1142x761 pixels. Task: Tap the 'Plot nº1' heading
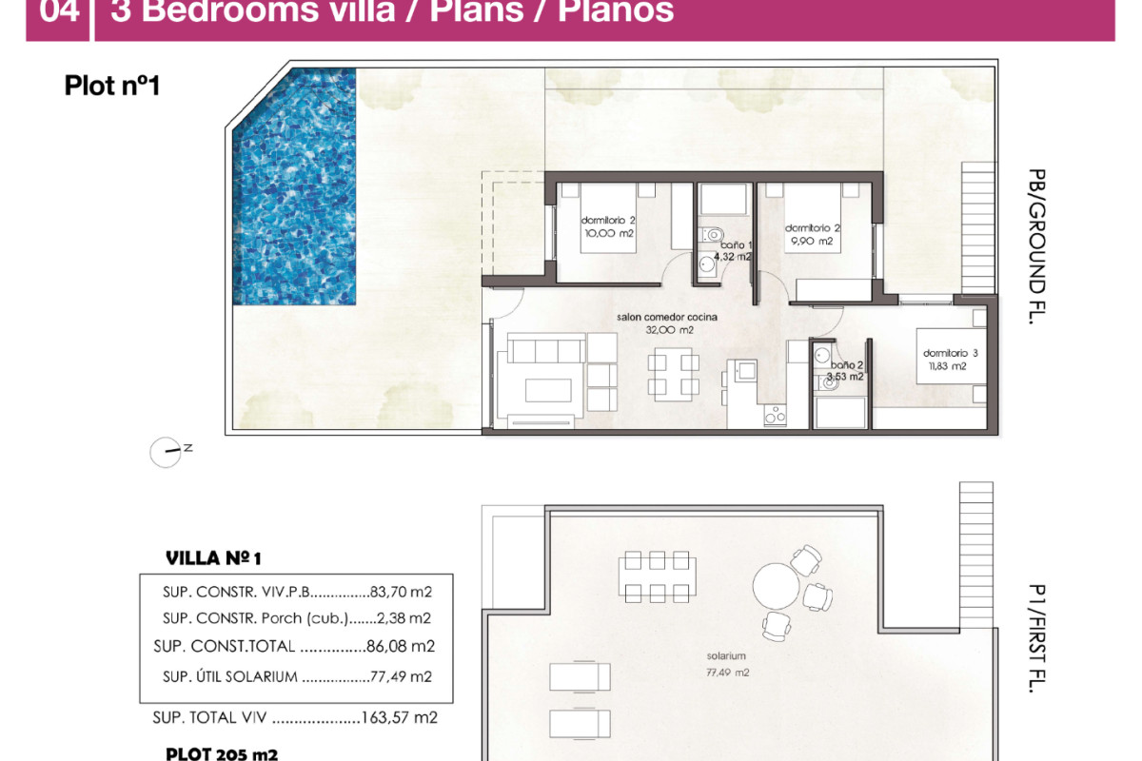111,86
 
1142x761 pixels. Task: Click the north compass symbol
166,452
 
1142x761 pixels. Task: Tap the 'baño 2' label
847,364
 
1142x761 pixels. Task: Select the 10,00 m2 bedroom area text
608,233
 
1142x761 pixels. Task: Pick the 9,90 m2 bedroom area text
811,242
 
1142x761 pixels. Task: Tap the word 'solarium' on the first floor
725,656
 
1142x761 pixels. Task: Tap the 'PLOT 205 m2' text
222,753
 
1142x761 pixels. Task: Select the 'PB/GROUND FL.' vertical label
1036,246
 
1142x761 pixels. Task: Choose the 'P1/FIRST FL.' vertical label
1036,638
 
